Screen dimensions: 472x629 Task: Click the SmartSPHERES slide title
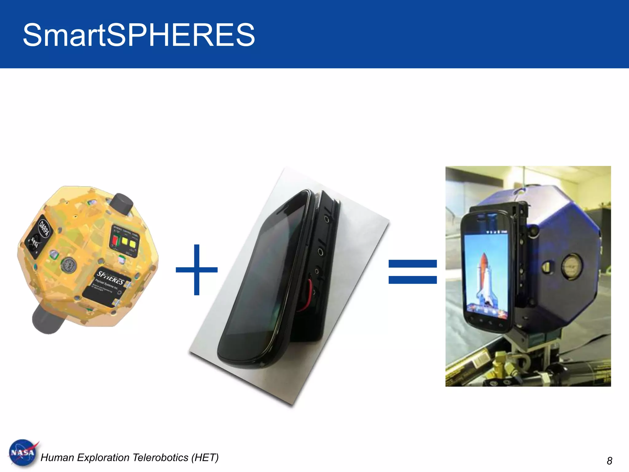pos(139,35)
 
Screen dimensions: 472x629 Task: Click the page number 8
pos(609,461)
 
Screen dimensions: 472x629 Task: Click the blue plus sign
pos(197,270)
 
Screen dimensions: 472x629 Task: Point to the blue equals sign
pos(412,272)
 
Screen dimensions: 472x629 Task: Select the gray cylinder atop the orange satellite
pos(122,204)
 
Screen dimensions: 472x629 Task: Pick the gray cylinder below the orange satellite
pos(48,319)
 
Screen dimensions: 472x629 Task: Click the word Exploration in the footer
pos(103,458)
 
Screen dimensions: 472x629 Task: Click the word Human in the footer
pos(57,458)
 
